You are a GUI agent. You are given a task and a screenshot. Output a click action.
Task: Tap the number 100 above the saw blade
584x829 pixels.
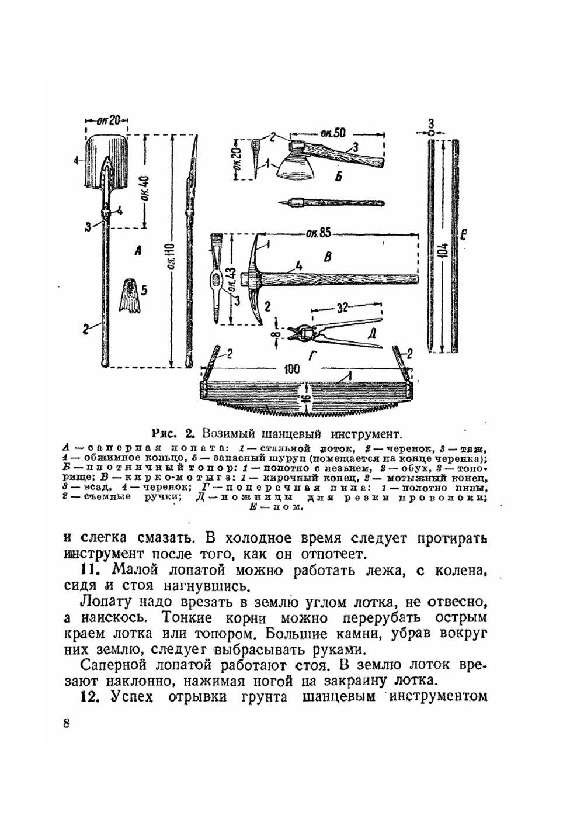293,369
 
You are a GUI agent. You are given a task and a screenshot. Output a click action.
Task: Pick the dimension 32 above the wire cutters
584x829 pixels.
344,306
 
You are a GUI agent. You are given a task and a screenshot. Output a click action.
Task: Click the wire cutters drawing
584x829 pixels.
333,330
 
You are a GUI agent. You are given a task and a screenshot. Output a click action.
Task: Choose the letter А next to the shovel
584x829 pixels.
138,251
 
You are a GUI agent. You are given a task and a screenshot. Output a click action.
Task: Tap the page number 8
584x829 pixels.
66,723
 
